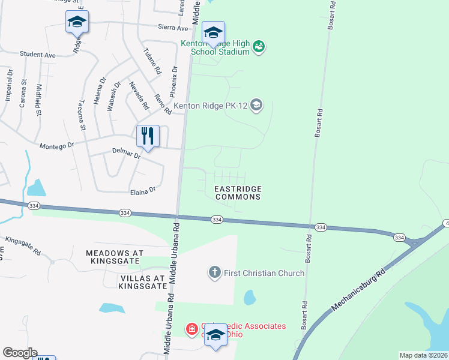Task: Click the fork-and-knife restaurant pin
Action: click(x=148, y=136)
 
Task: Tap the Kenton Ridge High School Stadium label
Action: click(x=215, y=47)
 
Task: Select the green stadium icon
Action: click(x=259, y=47)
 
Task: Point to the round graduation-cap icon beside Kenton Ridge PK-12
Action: click(x=256, y=106)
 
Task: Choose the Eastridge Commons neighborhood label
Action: click(x=238, y=193)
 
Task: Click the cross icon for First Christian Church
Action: click(x=214, y=273)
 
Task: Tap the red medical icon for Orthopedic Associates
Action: click(x=191, y=329)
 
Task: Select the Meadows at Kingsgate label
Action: click(x=113, y=257)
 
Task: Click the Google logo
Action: click(x=20, y=353)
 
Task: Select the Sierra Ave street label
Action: click(x=173, y=27)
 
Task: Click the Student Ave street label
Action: click(x=37, y=55)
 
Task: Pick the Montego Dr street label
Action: click(x=56, y=145)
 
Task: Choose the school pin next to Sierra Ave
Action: click(x=77, y=22)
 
